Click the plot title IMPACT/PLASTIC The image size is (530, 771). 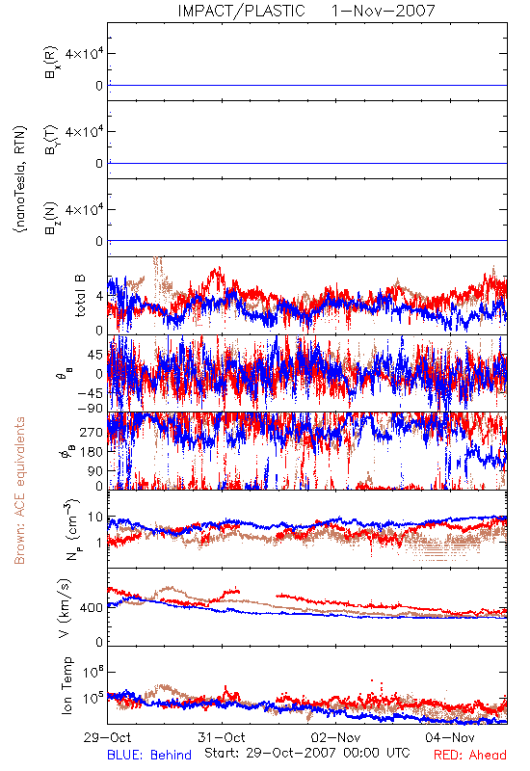pos(242,11)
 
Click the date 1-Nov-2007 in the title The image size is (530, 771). pos(384,11)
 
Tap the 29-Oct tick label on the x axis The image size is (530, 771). pos(107,737)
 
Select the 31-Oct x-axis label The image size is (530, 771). pos(222,737)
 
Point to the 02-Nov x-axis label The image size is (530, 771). pos(335,737)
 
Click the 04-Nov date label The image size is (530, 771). pos(450,737)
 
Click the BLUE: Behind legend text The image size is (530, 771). pos(149,755)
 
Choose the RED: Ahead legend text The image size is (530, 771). pos(470,755)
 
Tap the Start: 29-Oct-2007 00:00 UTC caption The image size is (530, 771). pos(307,753)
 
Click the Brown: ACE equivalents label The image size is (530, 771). pos(19,491)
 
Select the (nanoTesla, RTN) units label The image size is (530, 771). pos(20,179)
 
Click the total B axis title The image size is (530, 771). pos(80,296)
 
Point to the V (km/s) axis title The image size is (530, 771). pos(65,608)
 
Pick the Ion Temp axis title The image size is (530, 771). pos(66,685)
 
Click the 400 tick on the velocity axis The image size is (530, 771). pos(92,608)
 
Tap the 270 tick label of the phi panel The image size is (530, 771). pos(92,432)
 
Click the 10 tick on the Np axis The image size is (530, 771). pos(95,518)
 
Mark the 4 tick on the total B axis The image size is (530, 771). pos(100,297)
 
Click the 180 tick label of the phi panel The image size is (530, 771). pos(92,452)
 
